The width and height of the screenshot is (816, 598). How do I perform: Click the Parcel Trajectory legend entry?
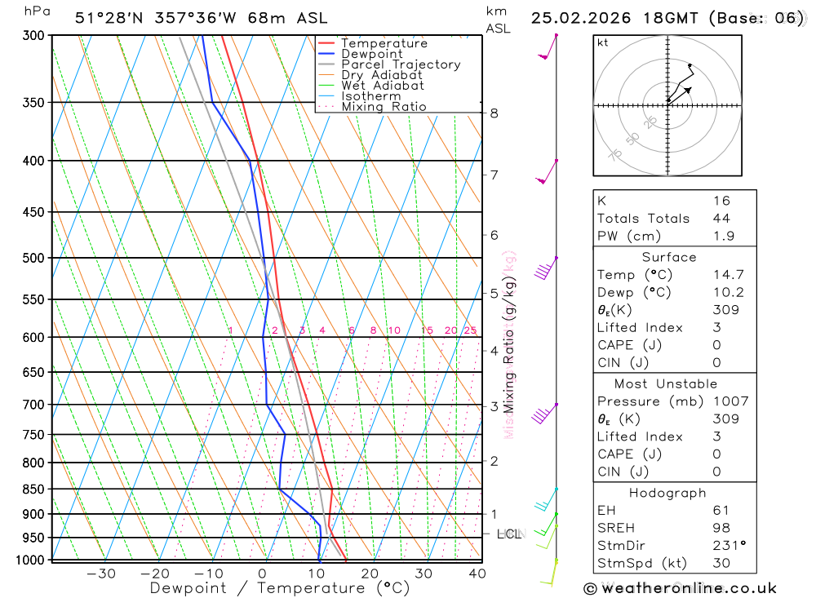point(401,64)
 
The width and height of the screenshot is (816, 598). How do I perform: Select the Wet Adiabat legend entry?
point(383,86)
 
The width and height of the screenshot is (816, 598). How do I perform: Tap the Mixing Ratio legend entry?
point(384,107)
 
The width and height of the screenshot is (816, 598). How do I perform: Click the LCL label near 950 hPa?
point(508,534)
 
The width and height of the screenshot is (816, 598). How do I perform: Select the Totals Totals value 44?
point(721,219)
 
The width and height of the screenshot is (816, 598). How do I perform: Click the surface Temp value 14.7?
point(728,275)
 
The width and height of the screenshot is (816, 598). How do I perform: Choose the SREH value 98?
point(721,528)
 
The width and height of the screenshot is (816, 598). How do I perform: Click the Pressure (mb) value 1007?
point(730,401)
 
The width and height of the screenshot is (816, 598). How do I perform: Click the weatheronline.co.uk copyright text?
point(681,588)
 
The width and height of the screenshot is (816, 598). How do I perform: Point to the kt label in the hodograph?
point(603,42)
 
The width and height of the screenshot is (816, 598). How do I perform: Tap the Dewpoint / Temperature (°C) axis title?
point(280,588)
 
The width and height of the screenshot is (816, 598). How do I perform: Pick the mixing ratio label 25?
point(470,330)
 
